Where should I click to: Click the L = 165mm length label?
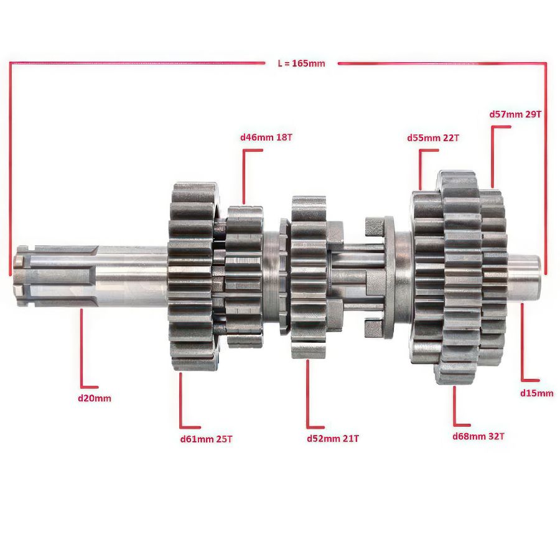tap(301, 63)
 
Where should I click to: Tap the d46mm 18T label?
tap(266, 137)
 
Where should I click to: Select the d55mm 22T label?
tap(433, 138)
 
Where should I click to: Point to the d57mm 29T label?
tap(515, 114)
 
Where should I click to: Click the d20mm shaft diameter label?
tap(95, 398)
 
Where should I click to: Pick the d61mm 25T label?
tap(206, 439)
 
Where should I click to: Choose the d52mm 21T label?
tap(332, 438)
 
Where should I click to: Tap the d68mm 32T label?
tap(478, 436)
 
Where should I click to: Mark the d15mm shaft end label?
tap(536, 393)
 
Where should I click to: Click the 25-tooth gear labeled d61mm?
tap(192, 276)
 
